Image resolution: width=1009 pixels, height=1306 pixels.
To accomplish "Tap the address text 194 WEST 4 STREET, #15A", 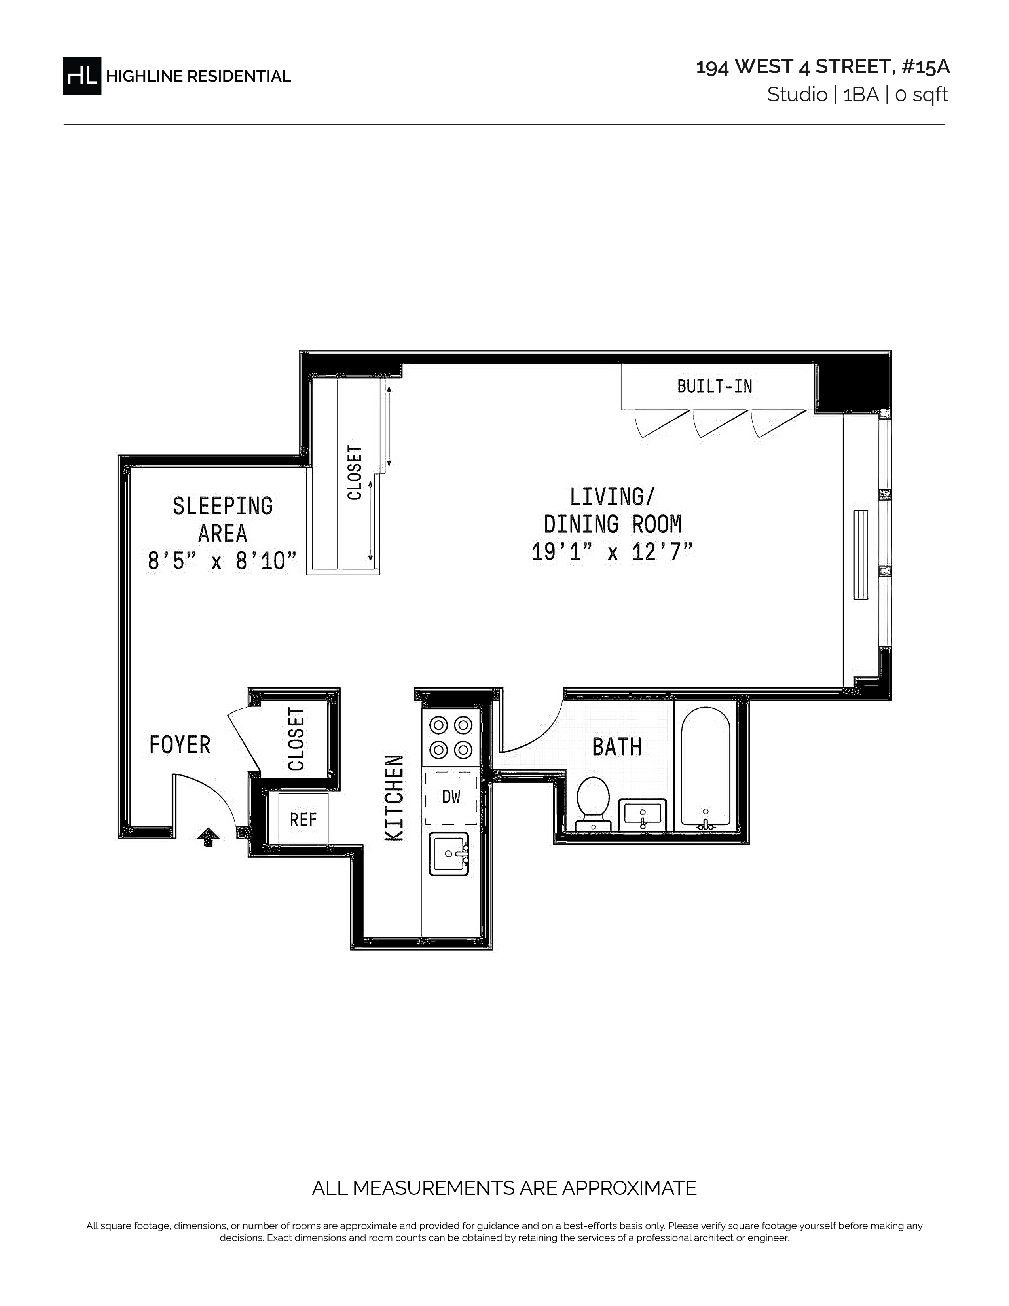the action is (x=823, y=67).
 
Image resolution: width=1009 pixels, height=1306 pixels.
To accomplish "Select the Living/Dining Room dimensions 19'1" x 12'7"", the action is (x=612, y=551).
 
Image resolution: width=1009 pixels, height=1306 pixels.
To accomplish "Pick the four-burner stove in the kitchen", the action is (x=451, y=737).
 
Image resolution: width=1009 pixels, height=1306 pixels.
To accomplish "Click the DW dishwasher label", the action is (x=451, y=797).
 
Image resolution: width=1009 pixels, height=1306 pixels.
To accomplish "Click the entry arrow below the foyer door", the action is (x=208, y=837).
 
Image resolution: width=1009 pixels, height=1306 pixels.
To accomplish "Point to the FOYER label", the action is (x=180, y=745).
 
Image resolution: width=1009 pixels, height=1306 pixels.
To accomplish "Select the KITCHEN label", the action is (x=394, y=798).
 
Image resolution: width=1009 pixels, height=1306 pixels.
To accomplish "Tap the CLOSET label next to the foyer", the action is (x=296, y=739).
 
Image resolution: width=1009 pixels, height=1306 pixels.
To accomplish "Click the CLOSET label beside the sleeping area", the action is (x=355, y=473).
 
